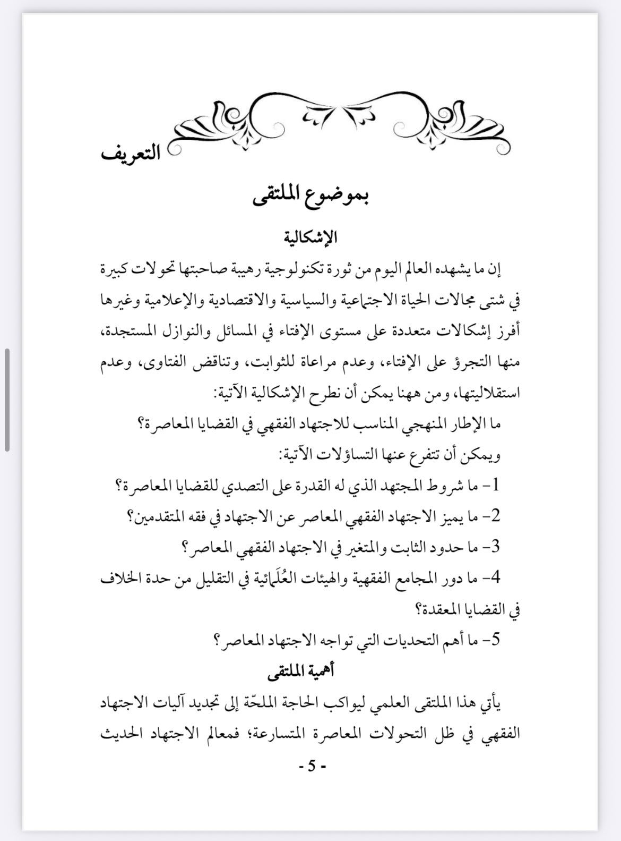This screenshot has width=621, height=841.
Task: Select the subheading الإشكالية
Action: (310, 237)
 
